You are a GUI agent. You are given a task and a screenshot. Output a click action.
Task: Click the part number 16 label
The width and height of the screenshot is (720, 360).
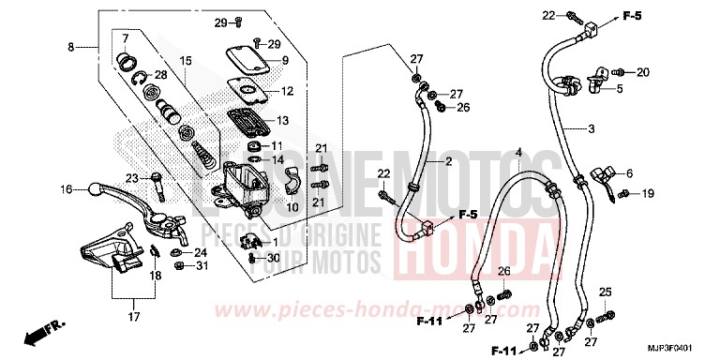67,189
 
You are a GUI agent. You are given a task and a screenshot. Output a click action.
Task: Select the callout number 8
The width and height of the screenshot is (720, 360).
70,47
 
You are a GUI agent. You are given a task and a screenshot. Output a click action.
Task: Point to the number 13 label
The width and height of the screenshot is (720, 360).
283,120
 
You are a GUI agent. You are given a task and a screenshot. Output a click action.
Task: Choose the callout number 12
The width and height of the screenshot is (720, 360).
287,92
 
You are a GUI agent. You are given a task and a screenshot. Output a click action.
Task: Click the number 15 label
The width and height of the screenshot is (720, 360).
186,61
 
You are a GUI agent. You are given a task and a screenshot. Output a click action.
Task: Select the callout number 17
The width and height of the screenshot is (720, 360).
132,317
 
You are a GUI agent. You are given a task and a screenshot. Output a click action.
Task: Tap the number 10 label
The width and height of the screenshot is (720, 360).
292,206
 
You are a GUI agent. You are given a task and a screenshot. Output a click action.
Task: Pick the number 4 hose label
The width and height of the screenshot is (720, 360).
518,152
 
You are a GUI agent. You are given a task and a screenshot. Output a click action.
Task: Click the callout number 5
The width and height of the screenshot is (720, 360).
618,89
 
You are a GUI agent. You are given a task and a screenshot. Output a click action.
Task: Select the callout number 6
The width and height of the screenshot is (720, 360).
628,172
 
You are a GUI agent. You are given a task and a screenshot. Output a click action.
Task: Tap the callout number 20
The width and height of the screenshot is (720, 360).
643,72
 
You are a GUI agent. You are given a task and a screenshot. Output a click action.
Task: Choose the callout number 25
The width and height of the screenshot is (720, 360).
606,292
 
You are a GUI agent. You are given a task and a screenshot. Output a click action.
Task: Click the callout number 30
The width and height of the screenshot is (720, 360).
275,258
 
